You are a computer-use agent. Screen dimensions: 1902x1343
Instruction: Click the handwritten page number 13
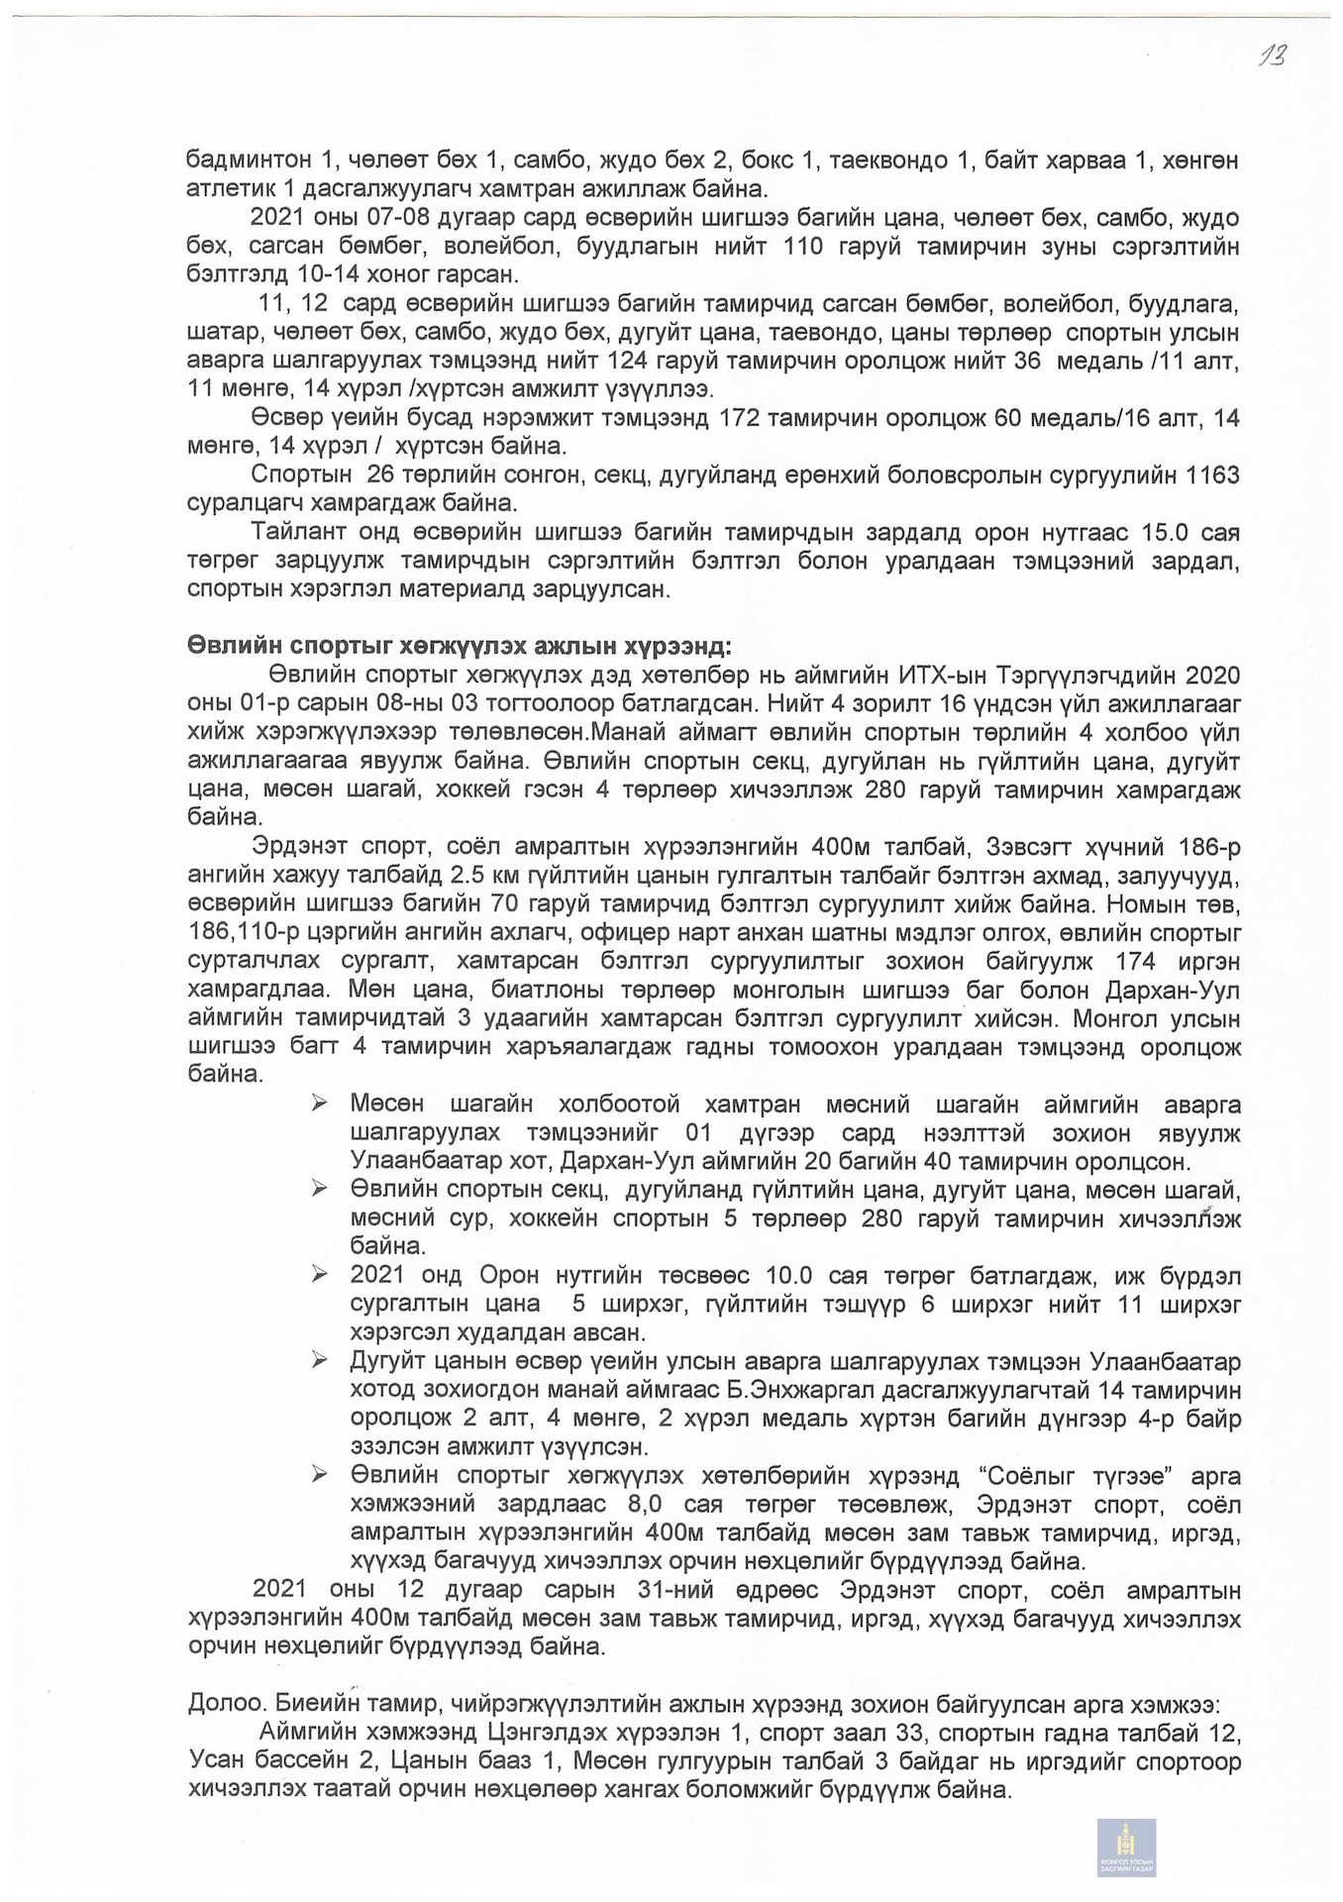1272,55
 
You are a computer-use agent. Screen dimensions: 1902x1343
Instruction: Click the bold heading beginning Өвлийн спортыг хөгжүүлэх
460,647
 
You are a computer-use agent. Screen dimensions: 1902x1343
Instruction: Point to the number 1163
1212,475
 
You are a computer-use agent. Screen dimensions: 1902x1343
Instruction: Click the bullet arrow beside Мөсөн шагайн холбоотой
319,1104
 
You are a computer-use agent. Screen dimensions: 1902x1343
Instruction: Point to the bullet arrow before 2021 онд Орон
319,1275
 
